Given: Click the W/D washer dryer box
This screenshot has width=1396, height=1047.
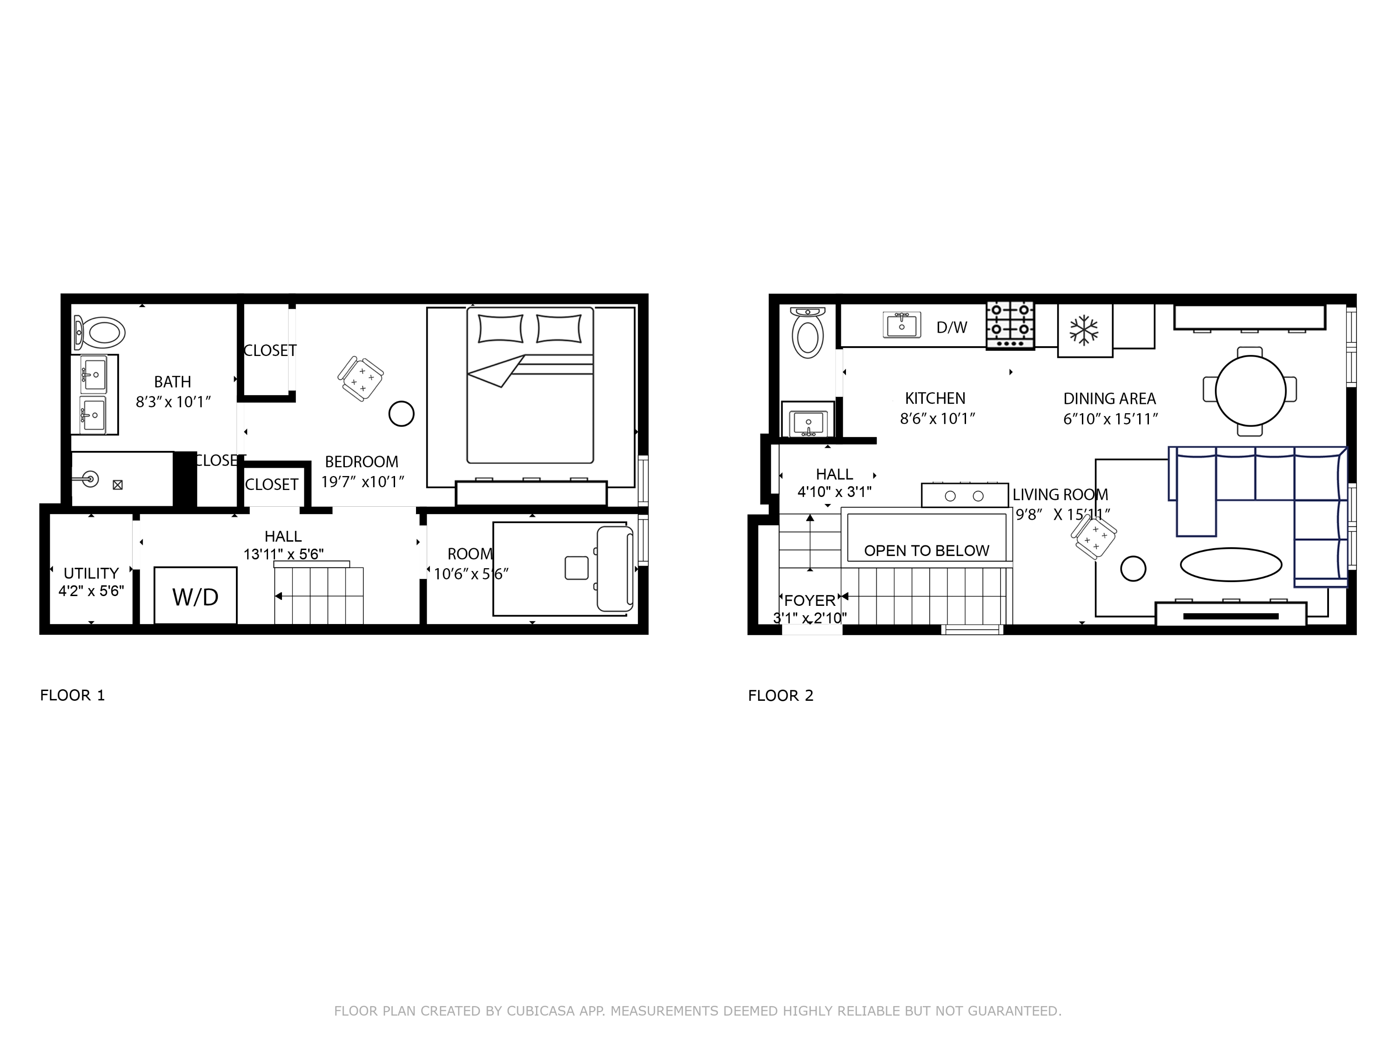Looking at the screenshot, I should tap(195, 596).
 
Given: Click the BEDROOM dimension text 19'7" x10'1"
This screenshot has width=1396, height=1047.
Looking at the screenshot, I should tap(362, 482).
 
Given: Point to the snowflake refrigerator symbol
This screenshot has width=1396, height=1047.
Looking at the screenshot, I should tap(1084, 330).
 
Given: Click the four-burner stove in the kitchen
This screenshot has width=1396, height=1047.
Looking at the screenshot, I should tap(1010, 324).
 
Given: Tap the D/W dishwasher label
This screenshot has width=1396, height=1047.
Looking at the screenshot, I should tap(951, 328).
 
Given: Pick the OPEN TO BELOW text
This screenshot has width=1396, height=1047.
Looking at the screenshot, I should tap(926, 550).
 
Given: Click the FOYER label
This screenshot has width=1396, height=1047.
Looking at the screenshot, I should tap(810, 600).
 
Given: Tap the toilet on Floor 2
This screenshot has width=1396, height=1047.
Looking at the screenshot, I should tap(807, 335).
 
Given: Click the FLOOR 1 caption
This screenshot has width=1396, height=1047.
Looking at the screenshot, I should tap(72, 696).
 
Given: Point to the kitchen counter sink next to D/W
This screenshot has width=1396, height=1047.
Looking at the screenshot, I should tap(901, 325).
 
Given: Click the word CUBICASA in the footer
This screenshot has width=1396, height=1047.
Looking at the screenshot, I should tap(540, 1011).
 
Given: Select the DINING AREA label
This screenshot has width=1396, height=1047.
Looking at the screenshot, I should tap(1109, 399).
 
